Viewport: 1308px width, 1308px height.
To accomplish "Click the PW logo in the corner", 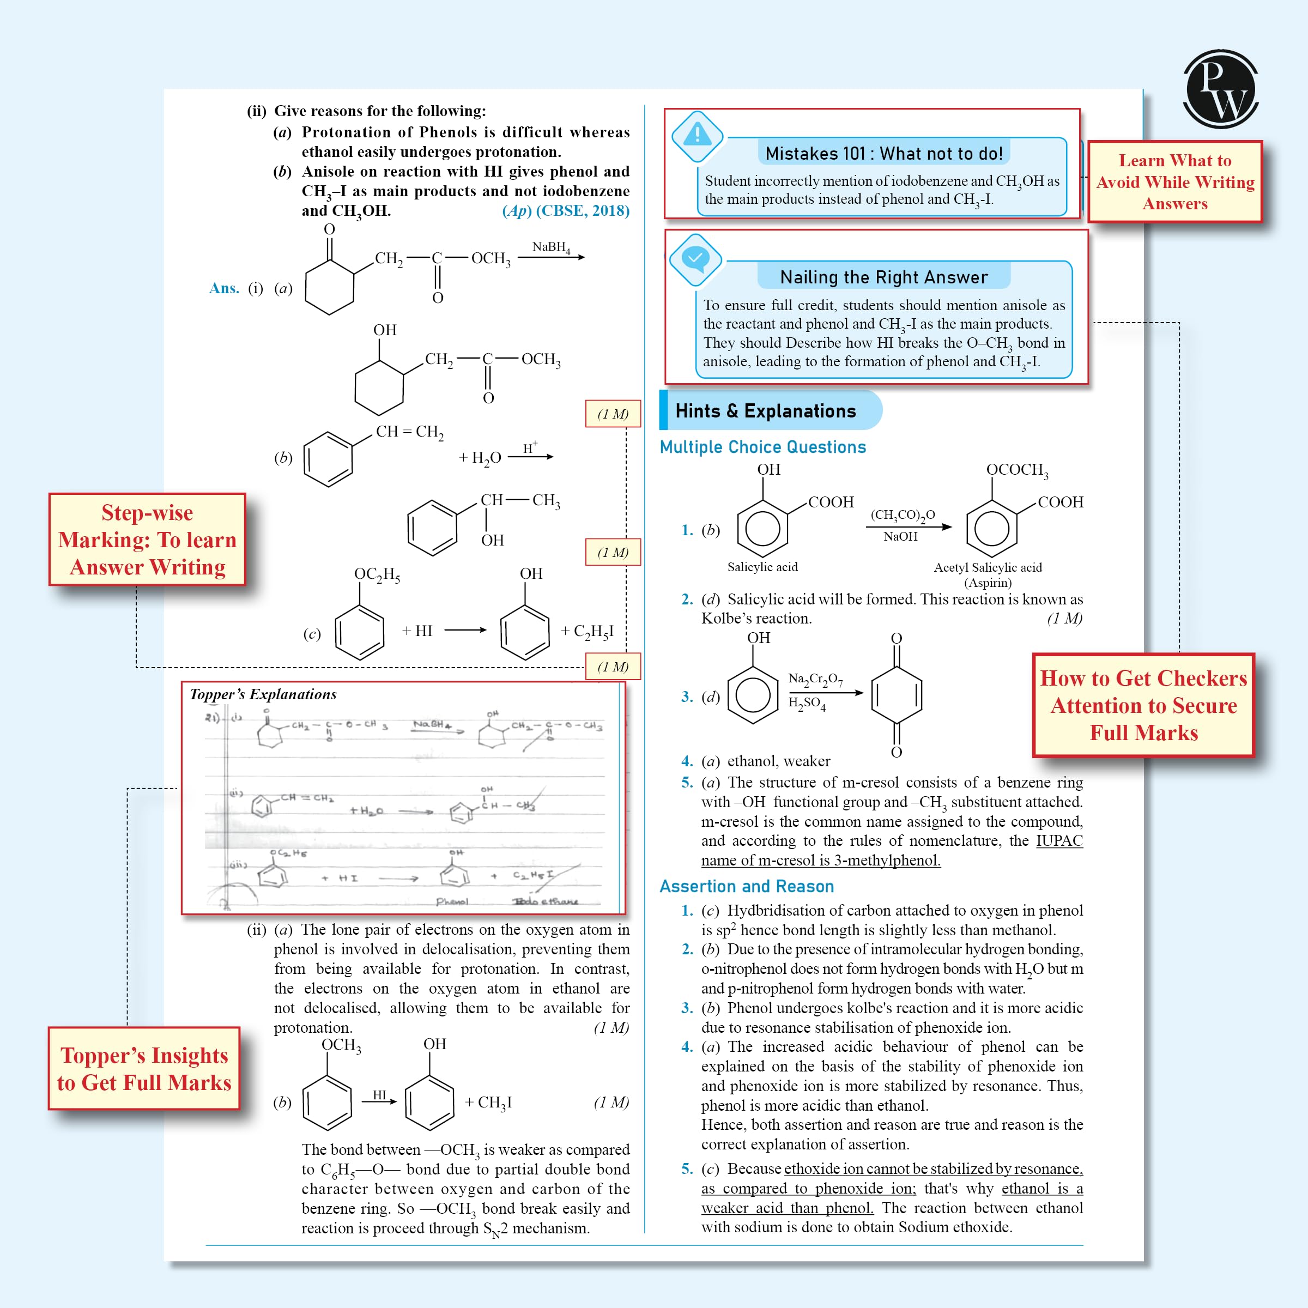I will [x=1220, y=89].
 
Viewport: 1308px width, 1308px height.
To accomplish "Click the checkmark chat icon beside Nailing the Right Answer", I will [x=695, y=259].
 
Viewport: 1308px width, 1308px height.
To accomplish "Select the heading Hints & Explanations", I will [x=765, y=411].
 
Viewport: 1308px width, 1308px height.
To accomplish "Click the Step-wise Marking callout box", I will [x=147, y=540].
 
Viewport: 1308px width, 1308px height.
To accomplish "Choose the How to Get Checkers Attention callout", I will [x=1143, y=705].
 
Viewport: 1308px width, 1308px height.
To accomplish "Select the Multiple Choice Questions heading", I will [x=762, y=447].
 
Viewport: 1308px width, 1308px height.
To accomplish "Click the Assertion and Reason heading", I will [x=746, y=886].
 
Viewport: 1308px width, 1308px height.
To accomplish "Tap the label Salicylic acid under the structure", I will [x=762, y=567].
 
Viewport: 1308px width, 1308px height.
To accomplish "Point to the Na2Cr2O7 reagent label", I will [x=815, y=679].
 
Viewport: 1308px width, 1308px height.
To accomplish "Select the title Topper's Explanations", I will [x=263, y=694].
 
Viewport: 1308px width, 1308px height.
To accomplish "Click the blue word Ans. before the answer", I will [x=224, y=288].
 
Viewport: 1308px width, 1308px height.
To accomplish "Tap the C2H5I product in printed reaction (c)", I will [x=587, y=631].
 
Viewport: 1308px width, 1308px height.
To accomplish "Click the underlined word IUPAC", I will [x=1059, y=841].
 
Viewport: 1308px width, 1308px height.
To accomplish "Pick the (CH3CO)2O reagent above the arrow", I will [x=903, y=514].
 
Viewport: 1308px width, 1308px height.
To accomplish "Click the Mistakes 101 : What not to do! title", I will [x=883, y=154].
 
